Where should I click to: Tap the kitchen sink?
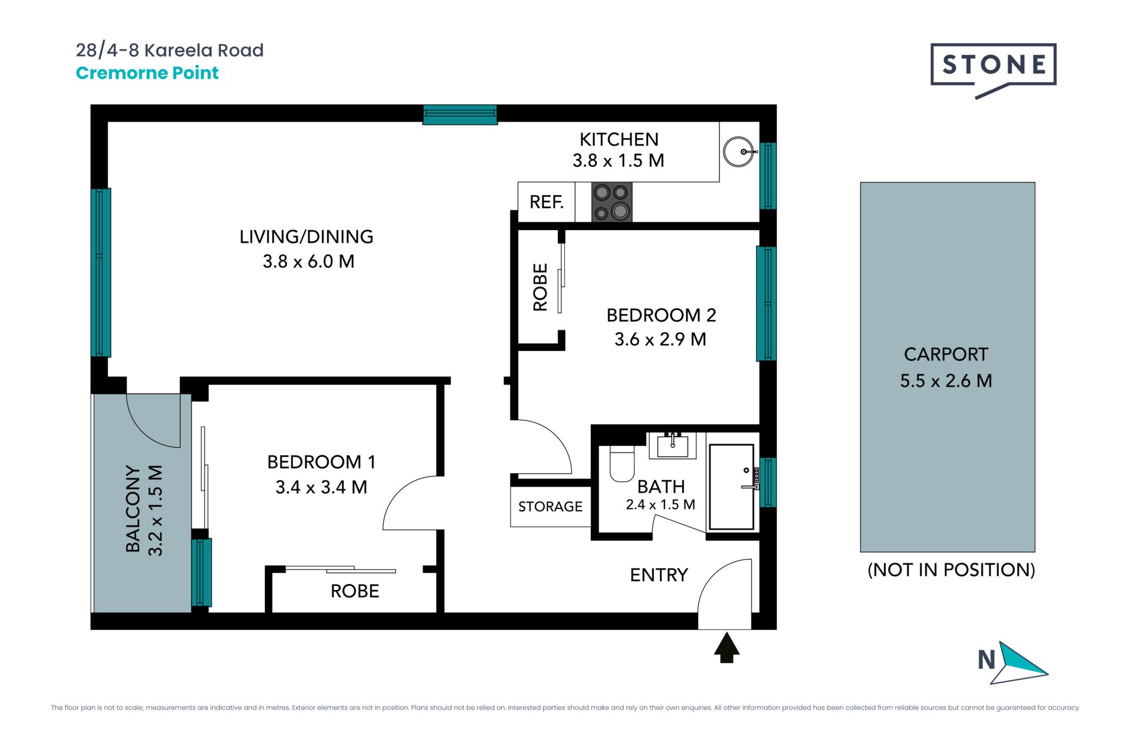(739, 152)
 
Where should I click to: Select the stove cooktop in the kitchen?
(612, 202)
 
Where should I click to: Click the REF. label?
(547, 202)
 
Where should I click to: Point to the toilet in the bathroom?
(621, 464)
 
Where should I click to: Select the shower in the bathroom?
(732, 487)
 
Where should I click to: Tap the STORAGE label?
(550, 506)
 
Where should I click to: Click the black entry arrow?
(726, 648)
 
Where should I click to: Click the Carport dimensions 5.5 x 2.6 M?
(946, 380)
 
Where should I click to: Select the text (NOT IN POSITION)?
(951, 570)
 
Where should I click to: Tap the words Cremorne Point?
(147, 73)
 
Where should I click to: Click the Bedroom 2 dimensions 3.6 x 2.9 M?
(660, 339)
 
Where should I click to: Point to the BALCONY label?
(133, 510)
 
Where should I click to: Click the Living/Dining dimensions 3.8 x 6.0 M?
(308, 261)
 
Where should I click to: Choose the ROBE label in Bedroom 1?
(354, 591)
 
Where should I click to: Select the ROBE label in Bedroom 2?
(540, 287)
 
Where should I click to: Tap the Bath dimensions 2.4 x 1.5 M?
(660, 504)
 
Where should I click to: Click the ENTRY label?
(659, 575)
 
